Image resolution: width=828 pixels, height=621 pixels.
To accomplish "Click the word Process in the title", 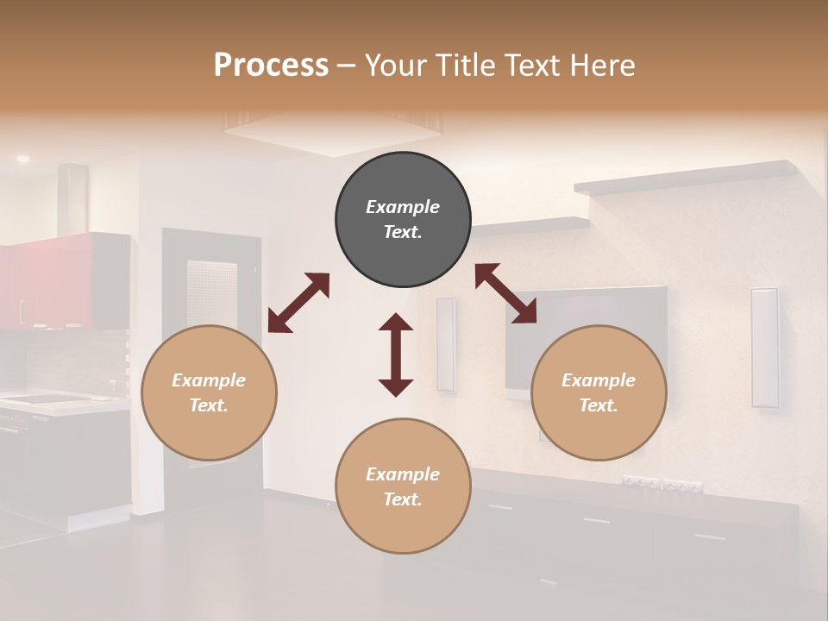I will pos(271,66).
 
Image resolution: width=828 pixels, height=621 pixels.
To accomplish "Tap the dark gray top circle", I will pos(403,219).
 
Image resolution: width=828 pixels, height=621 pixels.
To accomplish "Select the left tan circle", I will pos(209,392).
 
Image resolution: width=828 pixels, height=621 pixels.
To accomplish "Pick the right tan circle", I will pos(599,392).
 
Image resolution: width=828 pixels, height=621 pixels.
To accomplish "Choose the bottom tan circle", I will pos(403,486).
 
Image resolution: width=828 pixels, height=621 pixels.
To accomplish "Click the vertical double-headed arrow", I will pos(396,354).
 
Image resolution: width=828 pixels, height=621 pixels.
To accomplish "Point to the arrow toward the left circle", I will pos(298,303).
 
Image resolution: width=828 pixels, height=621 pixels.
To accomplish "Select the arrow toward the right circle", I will pos(505,294).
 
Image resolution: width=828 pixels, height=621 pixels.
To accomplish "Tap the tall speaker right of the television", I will pos(764,347).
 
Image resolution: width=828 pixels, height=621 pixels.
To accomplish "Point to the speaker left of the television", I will pos(445,344).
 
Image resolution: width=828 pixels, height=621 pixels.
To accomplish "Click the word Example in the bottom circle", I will pos(403,474).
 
